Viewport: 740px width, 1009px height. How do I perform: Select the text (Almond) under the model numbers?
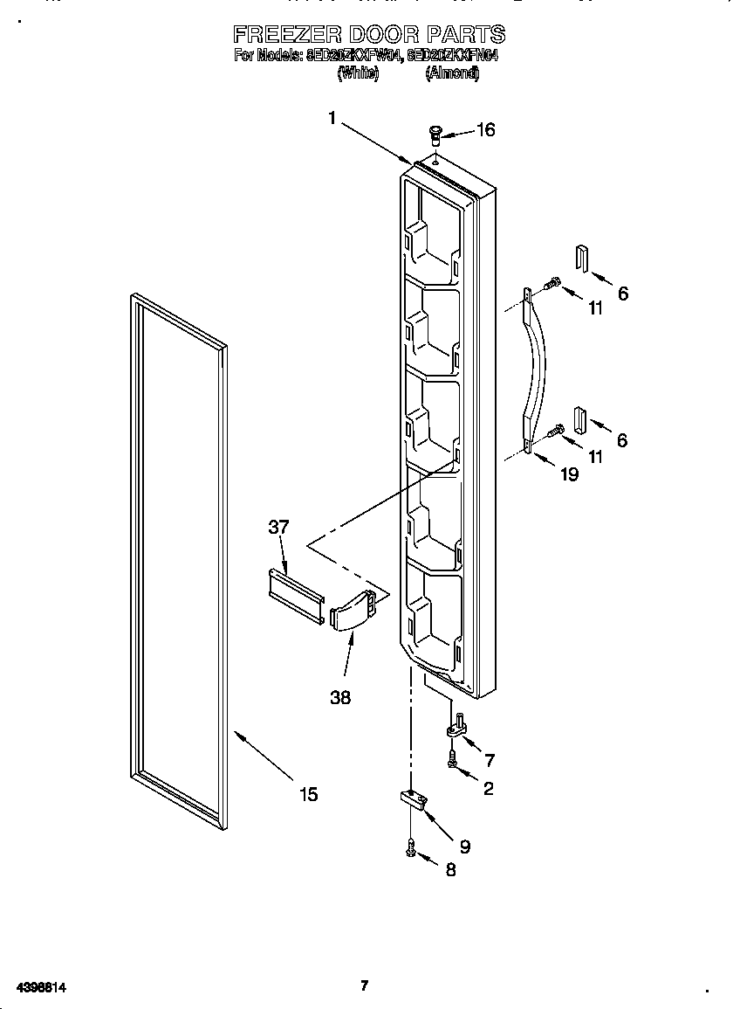point(452,74)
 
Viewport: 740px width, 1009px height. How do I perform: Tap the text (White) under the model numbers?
point(358,74)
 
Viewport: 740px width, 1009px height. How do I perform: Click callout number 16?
point(485,130)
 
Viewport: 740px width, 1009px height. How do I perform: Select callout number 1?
point(332,119)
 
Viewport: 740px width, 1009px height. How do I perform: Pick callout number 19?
point(569,475)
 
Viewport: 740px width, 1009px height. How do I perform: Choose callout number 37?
point(278,527)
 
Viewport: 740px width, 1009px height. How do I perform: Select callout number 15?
point(308,794)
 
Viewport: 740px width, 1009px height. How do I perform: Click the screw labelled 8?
point(410,847)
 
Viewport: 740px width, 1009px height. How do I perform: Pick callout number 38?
point(340,698)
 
